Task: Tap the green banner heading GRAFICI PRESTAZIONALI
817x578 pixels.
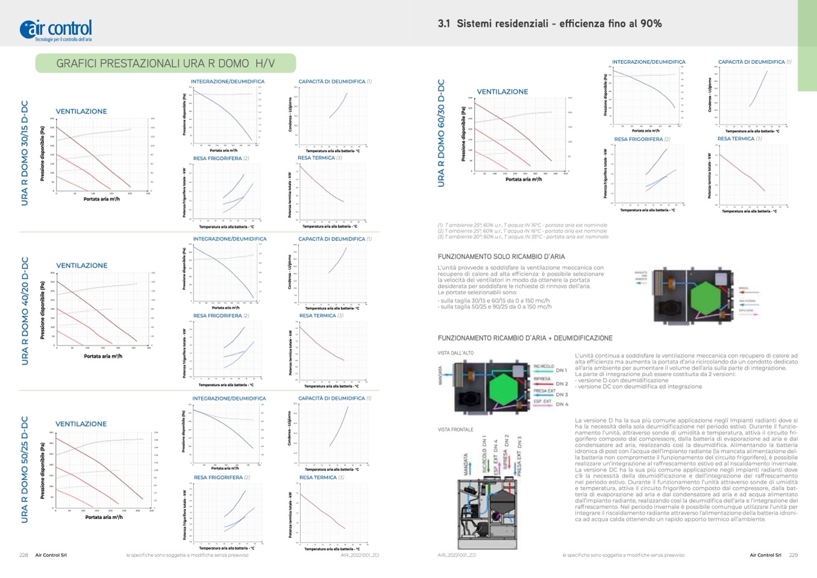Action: click(x=165, y=63)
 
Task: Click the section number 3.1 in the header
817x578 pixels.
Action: click(x=444, y=24)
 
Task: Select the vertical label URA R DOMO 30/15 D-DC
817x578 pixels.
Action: click(x=25, y=153)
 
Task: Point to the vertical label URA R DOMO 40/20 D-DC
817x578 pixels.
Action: click(x=25, y=311)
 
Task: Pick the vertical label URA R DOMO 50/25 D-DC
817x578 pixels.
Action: click(x=25, y=470)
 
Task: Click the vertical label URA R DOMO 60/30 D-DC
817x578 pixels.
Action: click(x=441, y=133)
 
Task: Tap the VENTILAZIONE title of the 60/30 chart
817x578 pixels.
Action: click(x=502, y=92)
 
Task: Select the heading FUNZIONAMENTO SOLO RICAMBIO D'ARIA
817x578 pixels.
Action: click(x=501, y=257)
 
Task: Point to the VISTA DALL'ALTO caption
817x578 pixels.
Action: click(x=455, y=353)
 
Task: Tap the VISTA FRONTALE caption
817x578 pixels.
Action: click(x=455, y=430)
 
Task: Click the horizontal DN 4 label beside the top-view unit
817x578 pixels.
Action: click(x=562, y=404)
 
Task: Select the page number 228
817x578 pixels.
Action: click(x=23, y=555)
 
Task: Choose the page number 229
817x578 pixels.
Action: click(x=793, y=555)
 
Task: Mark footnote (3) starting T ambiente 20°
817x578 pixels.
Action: click(x=523, y=237)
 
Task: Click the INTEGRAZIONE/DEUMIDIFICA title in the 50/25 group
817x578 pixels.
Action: click(x=229, y=398)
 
